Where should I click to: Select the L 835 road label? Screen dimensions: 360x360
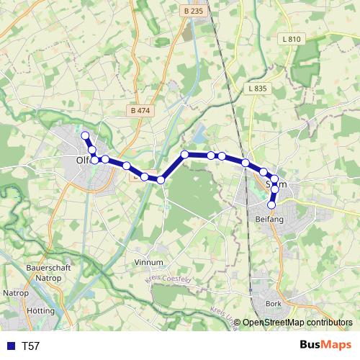[256, 89]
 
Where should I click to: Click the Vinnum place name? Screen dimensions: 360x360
[149, 263]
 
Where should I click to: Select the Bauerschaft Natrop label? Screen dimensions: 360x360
[47, 271]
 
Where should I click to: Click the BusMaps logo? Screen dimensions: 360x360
[325, 346]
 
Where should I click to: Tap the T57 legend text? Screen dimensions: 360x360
[31, 346]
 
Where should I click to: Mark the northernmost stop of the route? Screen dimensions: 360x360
[85, 135]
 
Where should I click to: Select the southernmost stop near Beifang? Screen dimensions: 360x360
[271, 204]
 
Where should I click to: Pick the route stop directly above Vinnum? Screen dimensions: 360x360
[161, 179]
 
